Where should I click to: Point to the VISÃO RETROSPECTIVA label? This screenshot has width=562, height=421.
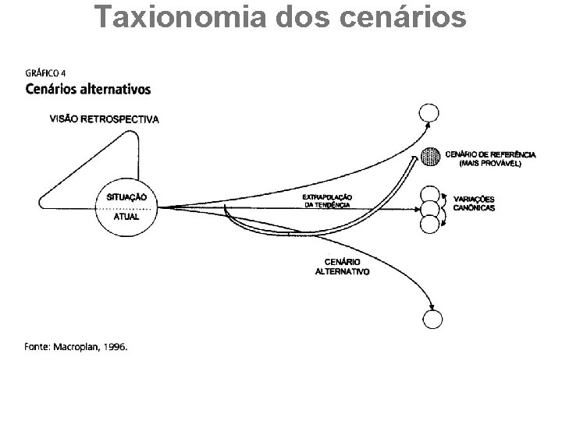104,119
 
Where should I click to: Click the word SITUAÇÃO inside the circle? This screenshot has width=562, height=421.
126,197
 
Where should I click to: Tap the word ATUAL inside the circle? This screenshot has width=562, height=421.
126,216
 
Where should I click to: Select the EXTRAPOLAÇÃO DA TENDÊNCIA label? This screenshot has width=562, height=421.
327,200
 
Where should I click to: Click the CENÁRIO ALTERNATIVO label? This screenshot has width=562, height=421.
342,267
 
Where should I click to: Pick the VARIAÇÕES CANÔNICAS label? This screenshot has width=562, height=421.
474,203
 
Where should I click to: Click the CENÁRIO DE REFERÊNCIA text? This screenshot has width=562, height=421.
491,154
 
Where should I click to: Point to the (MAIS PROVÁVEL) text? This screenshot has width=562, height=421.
491,163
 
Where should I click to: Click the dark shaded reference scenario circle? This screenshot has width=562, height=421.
430,157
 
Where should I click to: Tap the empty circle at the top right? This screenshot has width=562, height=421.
429,114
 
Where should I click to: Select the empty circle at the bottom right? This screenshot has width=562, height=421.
432,320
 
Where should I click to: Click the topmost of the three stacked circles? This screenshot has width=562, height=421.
431,195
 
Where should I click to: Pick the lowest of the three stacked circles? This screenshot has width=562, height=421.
430,224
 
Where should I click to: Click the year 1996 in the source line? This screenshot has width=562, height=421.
112,347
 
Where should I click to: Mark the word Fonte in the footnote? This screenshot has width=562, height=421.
37,347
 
